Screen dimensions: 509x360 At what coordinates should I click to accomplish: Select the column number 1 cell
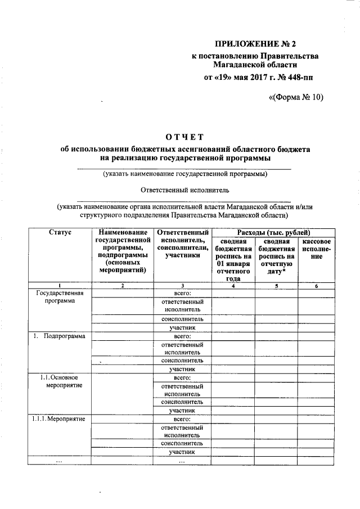(60, 286)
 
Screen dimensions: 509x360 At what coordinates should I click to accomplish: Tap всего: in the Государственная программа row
(182, 293)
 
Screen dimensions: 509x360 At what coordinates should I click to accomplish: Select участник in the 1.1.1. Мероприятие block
(182, 452)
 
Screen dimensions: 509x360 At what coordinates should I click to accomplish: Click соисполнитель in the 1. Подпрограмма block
(182, 361)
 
